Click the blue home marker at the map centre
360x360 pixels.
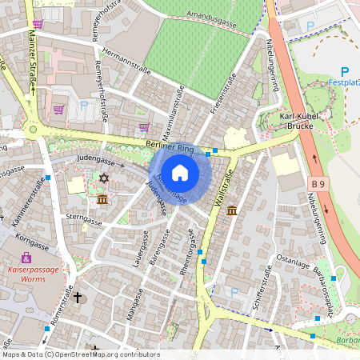(x=180, y=172)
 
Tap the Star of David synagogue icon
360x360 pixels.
(x=102, y=178)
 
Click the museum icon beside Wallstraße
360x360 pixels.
(x=231, y=210)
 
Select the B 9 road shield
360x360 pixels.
(x=318, y=185)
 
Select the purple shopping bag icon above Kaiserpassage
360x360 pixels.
(x=27, y=258)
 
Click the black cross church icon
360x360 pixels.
(x=78, y=298)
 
